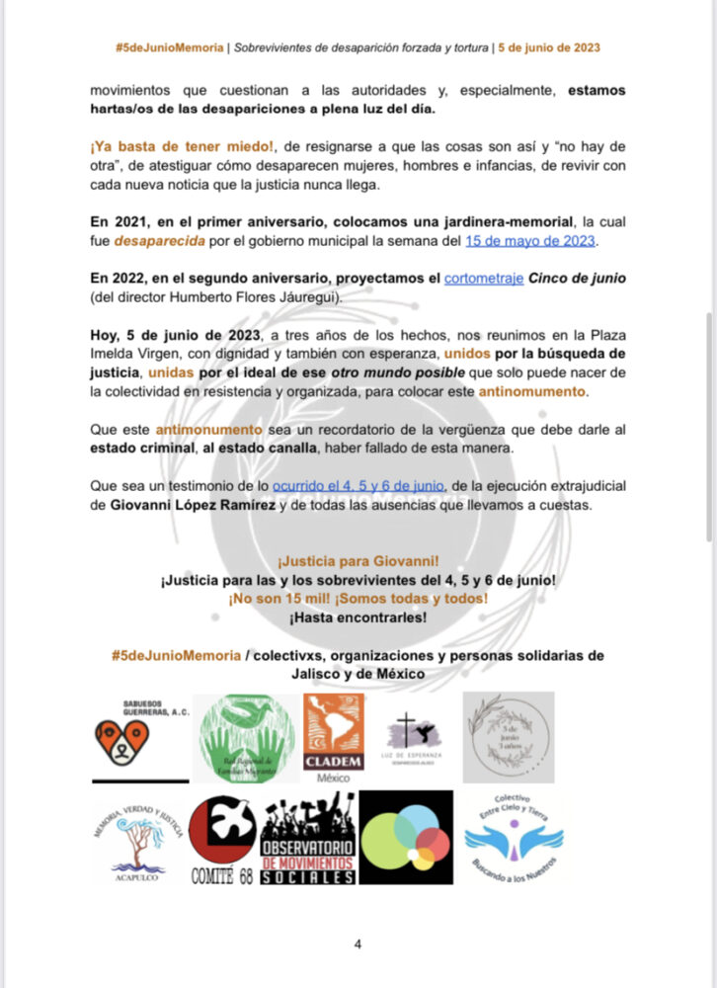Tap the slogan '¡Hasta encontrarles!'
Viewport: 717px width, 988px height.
(x=358, y=617)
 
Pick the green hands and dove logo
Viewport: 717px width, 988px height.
(x=244, y=739)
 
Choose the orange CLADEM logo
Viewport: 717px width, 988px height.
(x=334, y=737)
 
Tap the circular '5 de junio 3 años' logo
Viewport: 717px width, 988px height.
(x=509, y=737)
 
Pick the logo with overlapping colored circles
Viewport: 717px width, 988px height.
(x=406, y=838)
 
